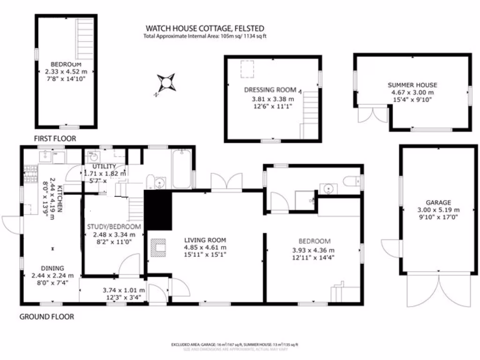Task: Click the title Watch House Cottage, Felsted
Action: point(205,29)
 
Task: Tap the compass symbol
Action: point(166,82)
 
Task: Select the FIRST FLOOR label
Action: point(55,139)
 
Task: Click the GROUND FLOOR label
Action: point(46,317)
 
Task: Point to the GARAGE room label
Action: point(438,202)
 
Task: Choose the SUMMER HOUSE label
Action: point(412,85)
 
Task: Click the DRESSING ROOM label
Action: point(270,90)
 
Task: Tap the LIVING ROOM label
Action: point(205,240)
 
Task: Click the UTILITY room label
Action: point(104,166)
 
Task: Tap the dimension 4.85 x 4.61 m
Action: point(205,247)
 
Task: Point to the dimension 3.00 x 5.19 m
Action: point(438,210)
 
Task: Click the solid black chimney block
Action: point(157,210)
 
